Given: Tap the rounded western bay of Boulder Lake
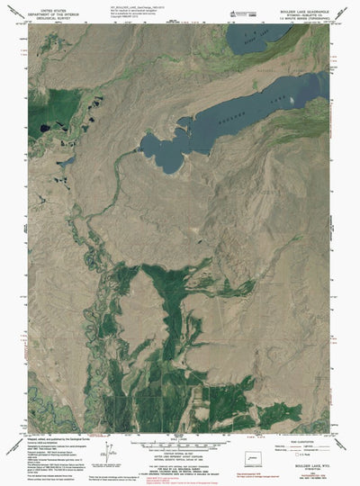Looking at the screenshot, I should coord(162,151).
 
